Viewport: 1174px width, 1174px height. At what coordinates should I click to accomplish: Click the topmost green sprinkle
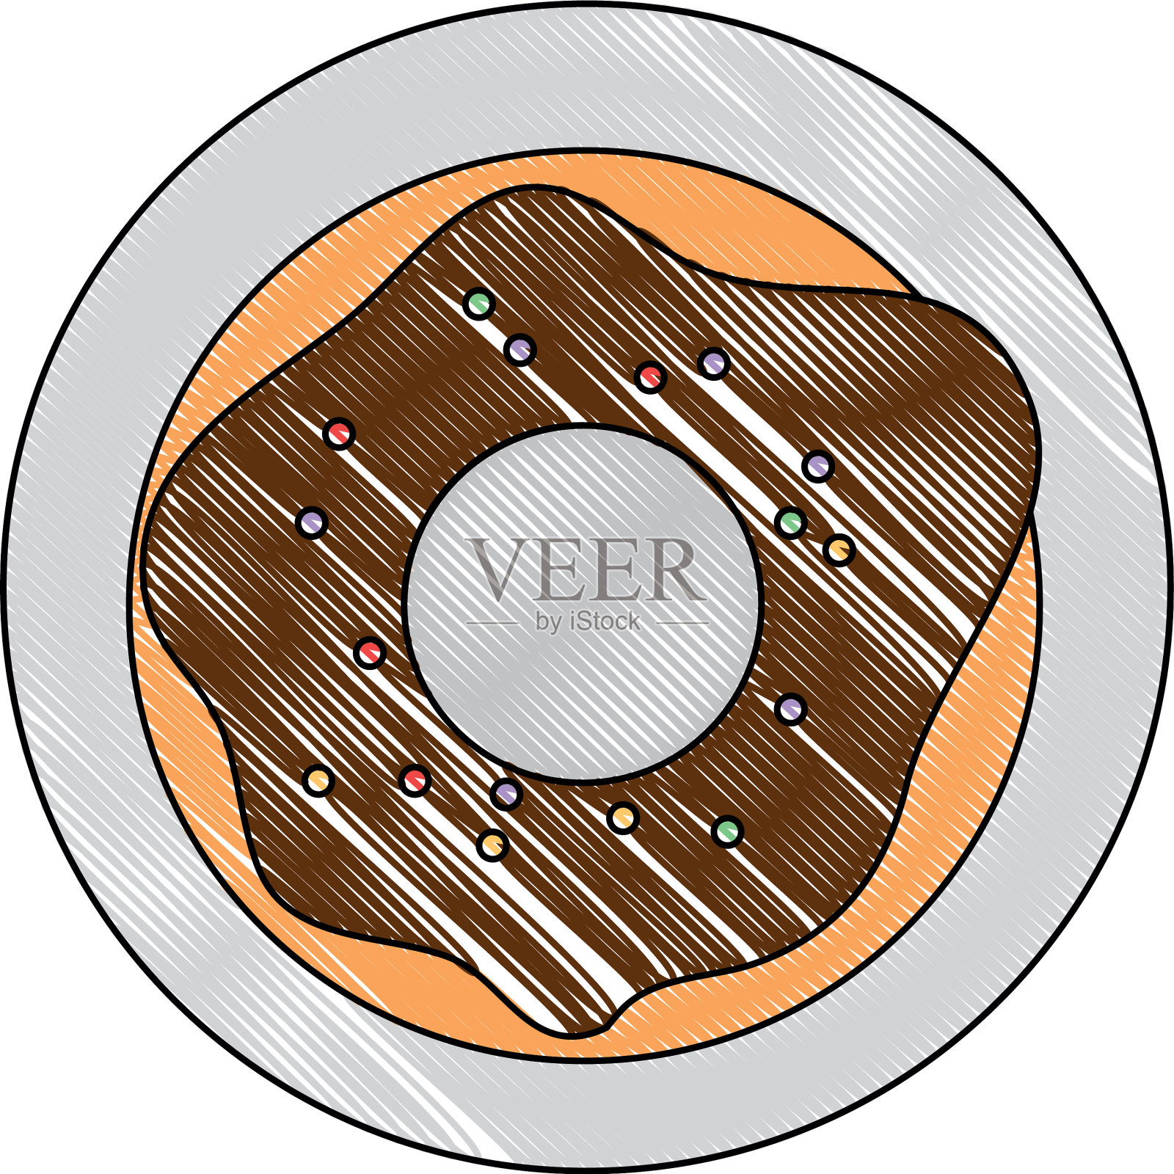(x=478, y=302)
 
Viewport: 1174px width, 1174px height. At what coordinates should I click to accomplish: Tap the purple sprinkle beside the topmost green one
(x=520, y=349)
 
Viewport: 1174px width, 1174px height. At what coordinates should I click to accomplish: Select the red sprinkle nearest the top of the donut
(x=650, y=377)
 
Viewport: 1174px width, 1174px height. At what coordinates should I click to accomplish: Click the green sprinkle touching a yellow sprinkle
(x=791, y=522)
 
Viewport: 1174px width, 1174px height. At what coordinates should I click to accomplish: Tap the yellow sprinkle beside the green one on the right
(x=839, y=550)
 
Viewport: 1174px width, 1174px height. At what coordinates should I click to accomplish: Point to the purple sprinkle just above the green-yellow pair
(x=817, y=465)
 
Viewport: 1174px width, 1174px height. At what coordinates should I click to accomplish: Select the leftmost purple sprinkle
(x=312, y=522)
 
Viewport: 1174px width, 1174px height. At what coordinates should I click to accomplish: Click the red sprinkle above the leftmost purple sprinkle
(x=339, y=434)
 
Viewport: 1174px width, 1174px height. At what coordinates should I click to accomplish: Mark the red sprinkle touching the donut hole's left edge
(x=370, y=652)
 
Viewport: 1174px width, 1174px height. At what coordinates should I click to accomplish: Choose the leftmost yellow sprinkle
(x=318, y=780)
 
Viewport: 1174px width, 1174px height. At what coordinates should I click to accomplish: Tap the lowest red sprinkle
(x=415, y=780)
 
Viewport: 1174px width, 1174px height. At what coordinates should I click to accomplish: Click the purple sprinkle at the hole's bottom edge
(x=506, y=793)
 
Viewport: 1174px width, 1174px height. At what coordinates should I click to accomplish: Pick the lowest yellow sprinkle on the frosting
(x=492, y=845)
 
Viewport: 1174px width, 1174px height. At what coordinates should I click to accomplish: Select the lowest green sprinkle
(x=727, y=831)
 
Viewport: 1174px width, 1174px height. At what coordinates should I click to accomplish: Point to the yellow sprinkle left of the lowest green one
(x=623, y=817)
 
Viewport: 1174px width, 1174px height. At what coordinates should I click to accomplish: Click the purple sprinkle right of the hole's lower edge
(x=791, y=709)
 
